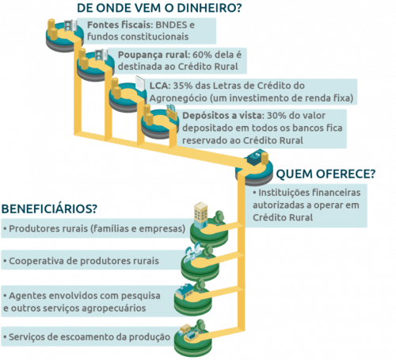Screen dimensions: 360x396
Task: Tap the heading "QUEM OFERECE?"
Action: click(325, 174)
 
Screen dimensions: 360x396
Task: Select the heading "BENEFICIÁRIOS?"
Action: click(49, 209)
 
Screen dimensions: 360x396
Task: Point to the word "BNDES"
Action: click(166, 25)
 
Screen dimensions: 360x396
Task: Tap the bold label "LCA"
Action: click(160, 85)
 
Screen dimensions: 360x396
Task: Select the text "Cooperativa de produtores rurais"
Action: click(82, 260)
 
